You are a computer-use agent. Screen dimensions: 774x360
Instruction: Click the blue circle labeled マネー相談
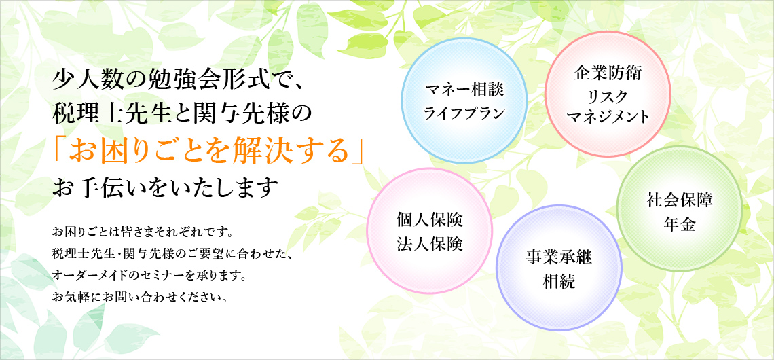[x=464, y=101]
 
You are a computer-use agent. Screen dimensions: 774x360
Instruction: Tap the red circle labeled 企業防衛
[x=608, y=94]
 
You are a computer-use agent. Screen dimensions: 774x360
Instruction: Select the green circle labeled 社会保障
[x=680, y=209]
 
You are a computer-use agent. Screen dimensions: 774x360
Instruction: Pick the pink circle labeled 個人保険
[x=430, y=231]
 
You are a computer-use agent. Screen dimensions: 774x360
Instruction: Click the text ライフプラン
[x=464, y=113]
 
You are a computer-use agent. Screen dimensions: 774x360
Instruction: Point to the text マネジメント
[x=608, y=117]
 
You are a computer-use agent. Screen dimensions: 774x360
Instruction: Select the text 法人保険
[x=430, y=244]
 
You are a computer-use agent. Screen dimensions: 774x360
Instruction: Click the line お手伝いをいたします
[x=163, y=189]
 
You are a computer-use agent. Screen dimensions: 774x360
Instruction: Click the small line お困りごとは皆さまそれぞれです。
[x=142, y=231]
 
